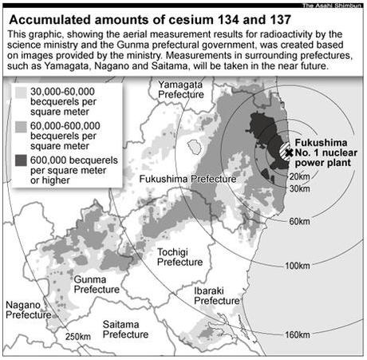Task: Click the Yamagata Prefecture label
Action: tap(181, 89)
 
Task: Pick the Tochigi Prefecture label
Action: tap(180, 256)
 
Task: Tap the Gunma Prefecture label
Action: tap(96, 285)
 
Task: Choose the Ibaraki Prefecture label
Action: tap(217, 295)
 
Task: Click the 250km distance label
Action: tap(78, 335)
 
